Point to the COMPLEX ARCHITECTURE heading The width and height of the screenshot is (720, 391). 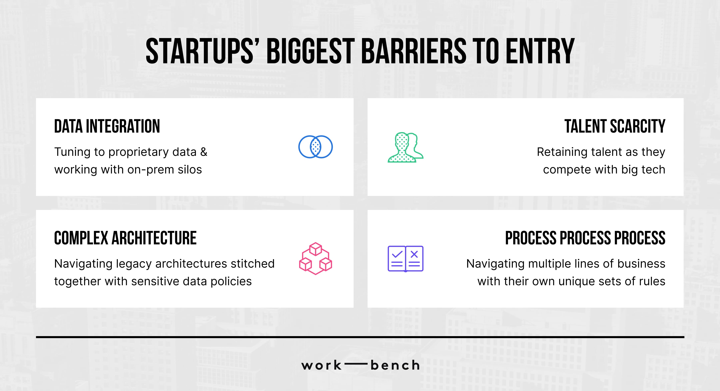[125, 238]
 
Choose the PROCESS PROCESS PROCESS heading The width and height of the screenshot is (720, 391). [585, 238]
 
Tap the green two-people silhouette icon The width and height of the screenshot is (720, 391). [406, 147]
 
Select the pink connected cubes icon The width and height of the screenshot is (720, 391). [316, 258]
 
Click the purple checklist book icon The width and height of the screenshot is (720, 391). [406, 259]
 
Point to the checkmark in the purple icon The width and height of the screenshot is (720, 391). [397, 254]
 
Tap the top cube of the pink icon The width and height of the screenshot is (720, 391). [316, 249]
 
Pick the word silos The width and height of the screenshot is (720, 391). [190, 170]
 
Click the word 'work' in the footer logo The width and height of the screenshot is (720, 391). [321, 365]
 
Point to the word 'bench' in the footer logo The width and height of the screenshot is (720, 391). [395, 365]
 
